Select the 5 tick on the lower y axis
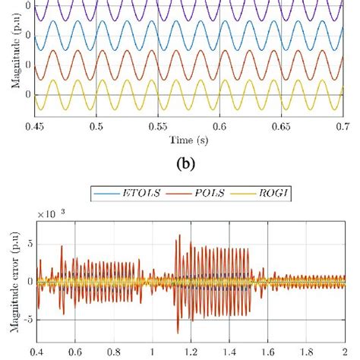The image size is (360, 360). click(x=27, y=243)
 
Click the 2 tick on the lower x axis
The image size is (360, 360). click(x=343, y=352)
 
